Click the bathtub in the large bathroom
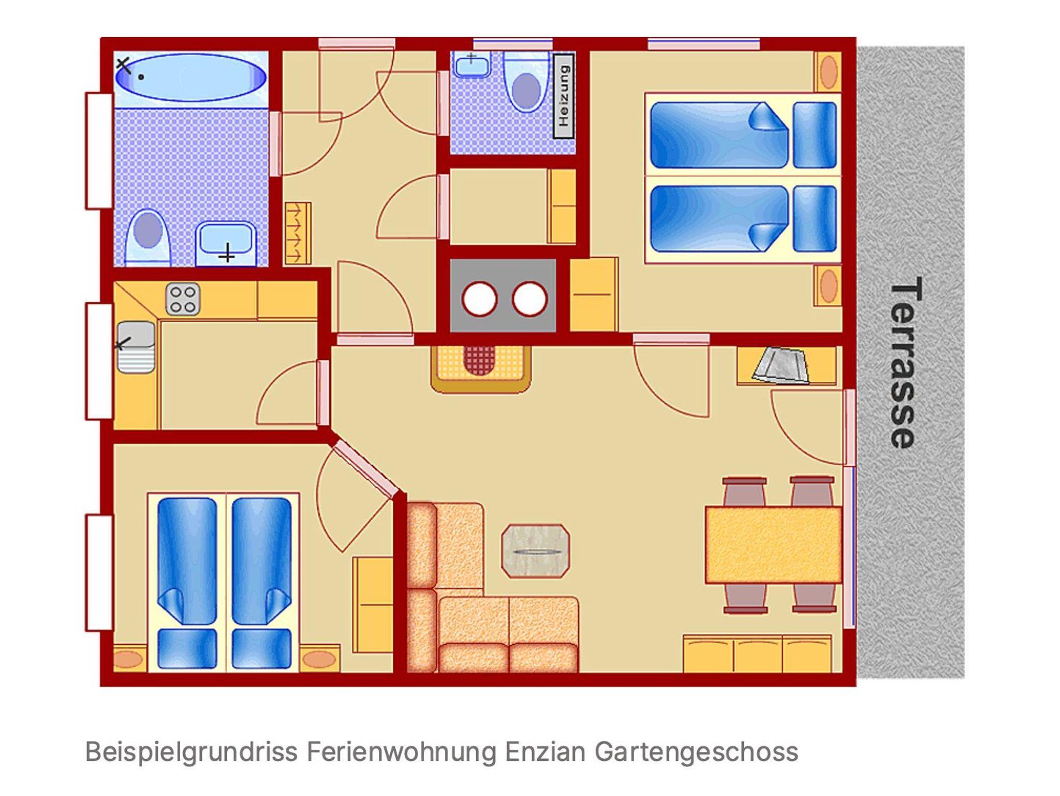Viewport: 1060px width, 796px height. coord(190,78)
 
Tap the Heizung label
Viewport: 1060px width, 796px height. coord(564,96)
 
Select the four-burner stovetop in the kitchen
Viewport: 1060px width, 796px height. coord(183,299)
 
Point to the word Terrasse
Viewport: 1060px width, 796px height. coord(905,362)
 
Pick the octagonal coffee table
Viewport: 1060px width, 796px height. coord(536,551)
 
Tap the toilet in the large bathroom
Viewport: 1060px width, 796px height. coord(148,238)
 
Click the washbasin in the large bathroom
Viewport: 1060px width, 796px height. coord(226,243)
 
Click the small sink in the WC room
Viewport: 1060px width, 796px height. coord(472,65)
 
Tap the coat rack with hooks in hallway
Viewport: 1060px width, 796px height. coord(298,233)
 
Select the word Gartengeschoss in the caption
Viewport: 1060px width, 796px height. coord(696,752)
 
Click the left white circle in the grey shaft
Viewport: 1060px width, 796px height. coord(479,299)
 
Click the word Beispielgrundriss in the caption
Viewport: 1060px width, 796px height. coord(192,753)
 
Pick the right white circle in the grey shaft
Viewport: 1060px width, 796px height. coord(529,299)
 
